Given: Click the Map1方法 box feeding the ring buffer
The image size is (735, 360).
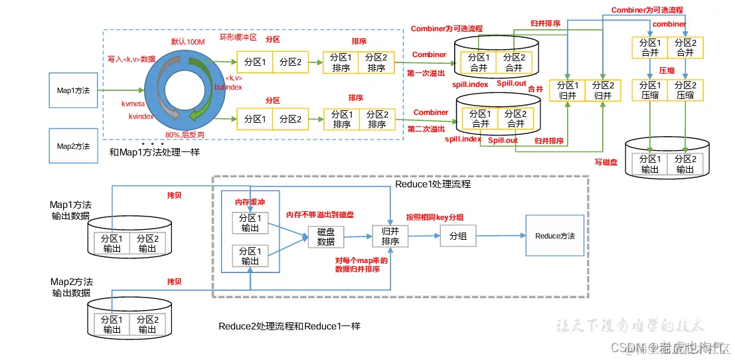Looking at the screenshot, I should pos(73,90).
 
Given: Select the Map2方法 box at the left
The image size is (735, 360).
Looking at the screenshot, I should pos(73,146).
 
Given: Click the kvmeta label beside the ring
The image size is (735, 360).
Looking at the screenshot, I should pos(133,104).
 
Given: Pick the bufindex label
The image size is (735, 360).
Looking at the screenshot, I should pos(228,86).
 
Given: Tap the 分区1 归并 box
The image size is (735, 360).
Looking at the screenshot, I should pos(568,90).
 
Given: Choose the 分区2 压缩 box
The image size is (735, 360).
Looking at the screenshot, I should pos(685,90).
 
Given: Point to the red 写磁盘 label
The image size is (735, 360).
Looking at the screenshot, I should pos(607,161).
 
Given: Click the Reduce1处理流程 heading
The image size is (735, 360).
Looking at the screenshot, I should pos(433,184).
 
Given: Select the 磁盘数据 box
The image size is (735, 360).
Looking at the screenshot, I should pos(325,236).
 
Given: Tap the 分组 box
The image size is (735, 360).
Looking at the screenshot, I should pos(457,236).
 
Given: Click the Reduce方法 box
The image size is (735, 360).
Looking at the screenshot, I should pos(555,236).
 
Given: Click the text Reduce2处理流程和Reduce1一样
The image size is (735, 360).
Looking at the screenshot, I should pos(289,327).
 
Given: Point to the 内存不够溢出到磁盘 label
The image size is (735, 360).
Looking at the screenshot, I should pos(319,215).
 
